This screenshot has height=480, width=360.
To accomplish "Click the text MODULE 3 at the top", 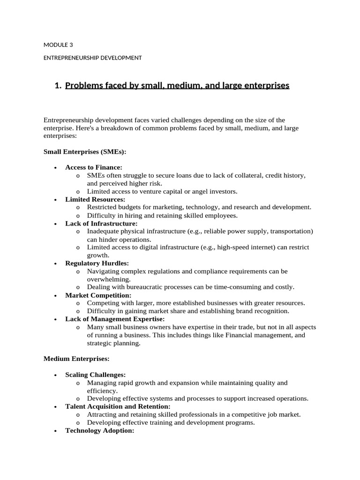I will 58,45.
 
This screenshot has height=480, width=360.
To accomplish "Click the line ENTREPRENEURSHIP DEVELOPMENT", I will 92,58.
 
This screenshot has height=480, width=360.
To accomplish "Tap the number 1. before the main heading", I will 58,86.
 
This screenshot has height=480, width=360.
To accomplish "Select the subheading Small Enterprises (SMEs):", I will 85,152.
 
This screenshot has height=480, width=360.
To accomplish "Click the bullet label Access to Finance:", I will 94,167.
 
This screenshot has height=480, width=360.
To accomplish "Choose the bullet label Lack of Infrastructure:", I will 101,224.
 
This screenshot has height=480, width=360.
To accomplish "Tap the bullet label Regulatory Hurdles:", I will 97,263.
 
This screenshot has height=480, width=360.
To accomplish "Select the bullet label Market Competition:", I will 98,295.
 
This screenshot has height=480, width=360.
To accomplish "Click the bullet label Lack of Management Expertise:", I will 115,319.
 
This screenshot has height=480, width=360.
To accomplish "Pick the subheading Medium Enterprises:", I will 76,359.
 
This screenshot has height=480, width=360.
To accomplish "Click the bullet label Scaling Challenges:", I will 96,375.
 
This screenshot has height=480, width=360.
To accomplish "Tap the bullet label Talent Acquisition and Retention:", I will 118,406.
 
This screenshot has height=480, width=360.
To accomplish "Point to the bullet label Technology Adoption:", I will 100,430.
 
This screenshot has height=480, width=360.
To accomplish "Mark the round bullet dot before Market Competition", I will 55,296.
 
